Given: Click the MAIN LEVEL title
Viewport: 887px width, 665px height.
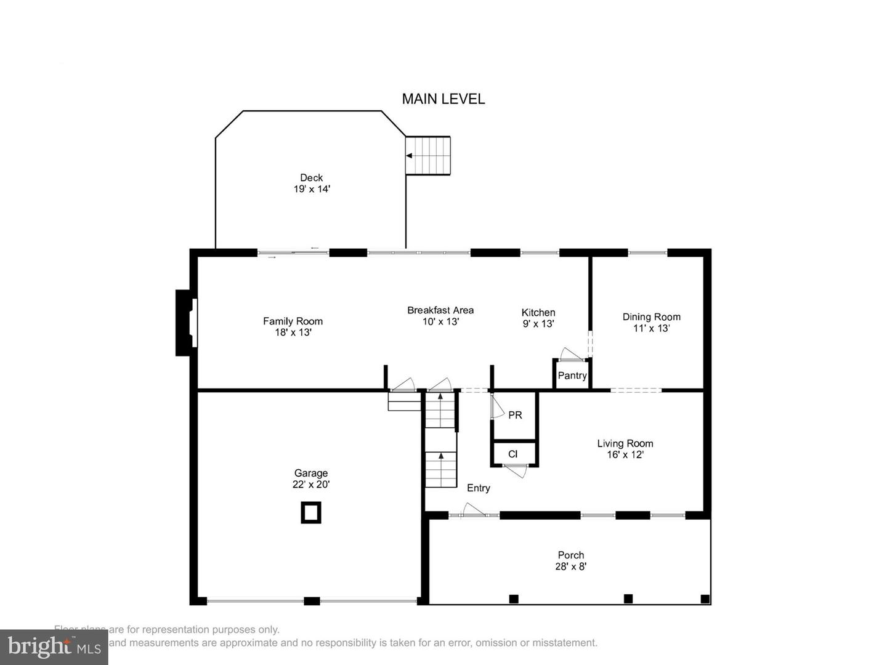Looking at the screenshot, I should tap(443, 99).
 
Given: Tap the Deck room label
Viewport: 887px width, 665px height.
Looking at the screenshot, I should tap(311, 177).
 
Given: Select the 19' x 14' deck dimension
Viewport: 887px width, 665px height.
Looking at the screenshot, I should tap(312, 189).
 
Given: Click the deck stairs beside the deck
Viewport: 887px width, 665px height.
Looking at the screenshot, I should tap(428, 156).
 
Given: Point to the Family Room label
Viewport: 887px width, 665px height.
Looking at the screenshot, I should tap(293, 321).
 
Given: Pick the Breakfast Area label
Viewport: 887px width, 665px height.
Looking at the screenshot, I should tap(440, 310).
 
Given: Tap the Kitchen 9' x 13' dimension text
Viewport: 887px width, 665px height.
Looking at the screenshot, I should tap(538, 324).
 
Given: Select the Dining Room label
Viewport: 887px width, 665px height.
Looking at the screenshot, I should tap(651, 316).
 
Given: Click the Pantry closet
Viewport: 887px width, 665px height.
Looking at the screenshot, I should tap(572, 375).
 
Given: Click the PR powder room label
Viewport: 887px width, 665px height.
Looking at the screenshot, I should tap(515, 415).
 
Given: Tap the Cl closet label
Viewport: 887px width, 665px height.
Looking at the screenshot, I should tap(512, 454).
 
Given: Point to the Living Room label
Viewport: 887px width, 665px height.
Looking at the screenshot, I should tap(625, 443).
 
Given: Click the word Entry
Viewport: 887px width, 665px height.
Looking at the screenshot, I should tap(478, 488).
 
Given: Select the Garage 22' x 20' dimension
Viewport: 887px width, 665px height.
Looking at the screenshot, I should tap(311, 485).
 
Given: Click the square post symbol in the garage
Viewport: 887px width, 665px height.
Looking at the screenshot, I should tap(311, 512).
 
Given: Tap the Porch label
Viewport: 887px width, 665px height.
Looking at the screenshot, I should tap(570, 555).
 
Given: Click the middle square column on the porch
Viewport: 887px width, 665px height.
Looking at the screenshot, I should tap(628, 598).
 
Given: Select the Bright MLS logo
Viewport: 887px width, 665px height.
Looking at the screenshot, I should tap(54, 647).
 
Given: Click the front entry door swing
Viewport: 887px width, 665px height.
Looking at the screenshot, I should tap(473, 510).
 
